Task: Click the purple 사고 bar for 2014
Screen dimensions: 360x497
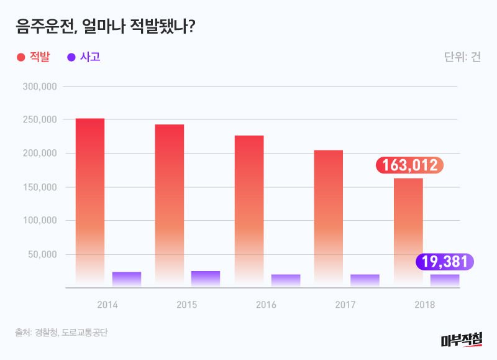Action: tap(127, 279)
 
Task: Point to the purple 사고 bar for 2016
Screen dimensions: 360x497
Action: tap(286, 280)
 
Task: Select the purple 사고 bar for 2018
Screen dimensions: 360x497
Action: tap(445, 280)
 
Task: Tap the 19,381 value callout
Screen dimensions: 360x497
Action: tap(445, 262)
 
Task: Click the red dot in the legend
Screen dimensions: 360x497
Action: tap(21, 57)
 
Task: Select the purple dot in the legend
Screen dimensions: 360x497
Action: tap(71, 57)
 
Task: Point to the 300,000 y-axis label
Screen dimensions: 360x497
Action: tap(40, 86)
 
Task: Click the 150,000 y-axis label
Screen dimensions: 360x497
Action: tap(40, 187)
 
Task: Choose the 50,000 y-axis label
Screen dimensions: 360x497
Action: tap(43, 254)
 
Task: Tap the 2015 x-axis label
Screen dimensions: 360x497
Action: tap(186, 305)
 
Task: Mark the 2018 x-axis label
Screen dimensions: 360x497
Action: tap(425, 305)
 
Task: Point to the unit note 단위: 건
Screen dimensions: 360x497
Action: tap(462, 57)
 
